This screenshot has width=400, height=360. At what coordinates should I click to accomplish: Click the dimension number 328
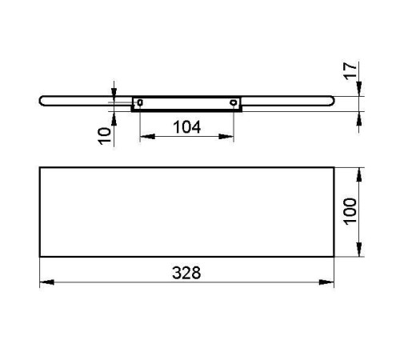pyautogui.click(x=186, y=273)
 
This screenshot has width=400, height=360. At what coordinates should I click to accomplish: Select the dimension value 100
pyautogui.click(x=350, y=211)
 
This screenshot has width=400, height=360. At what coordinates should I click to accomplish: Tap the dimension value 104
pyautogui.click(x=186, y=127)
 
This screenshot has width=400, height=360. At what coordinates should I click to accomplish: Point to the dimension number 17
pyautogui.click(x=350, y=71)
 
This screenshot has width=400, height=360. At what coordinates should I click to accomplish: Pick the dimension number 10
pyautogui.click(x=105, y=136)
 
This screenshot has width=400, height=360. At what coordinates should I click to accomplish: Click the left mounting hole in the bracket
pyautogui.click(x=140, y=102)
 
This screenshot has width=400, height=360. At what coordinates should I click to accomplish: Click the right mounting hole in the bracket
pyautogui.click(x=234, y=102)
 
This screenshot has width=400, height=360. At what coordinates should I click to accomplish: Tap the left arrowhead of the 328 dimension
pyautogui.click(x=47, y=282)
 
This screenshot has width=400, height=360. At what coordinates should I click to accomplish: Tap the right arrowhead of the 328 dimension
pyautogui.click(x=326, y=282)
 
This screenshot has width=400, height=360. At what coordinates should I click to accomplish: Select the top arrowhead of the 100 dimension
pyautogui.click(x=359, y=174)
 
